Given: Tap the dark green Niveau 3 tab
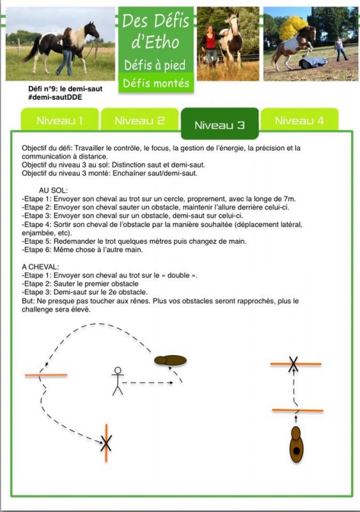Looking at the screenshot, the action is (x=220, y=124).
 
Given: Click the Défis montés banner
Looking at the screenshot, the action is (x=156, y=83).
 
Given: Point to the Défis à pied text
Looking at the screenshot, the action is (x=155, y=65).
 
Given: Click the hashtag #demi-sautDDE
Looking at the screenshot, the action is (x=55, y=97).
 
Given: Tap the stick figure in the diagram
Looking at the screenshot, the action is (x=118, y=381).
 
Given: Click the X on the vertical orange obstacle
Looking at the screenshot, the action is (x=106, y=443).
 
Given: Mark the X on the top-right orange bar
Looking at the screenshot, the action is (x=293, y=364).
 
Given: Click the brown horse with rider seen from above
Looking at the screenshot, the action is (x=296, y=444).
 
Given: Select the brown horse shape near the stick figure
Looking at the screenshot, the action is (x=170, y=360).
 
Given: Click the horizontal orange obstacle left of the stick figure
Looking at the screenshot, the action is (x=46, y=375).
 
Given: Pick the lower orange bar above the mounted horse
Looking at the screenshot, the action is (x=298, y=410).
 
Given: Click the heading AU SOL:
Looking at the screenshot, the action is (x=53, y=190).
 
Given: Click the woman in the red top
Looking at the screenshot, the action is (x=210, y=46).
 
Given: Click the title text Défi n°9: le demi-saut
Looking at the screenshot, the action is (x=65, y=89).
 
